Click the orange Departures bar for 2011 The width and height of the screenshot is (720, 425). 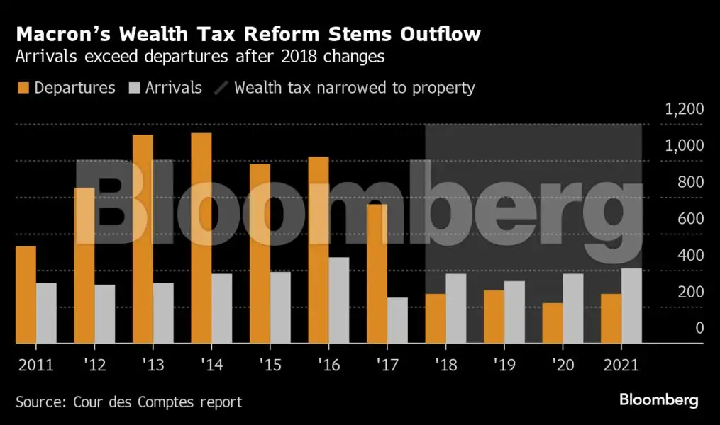tap(26, 295)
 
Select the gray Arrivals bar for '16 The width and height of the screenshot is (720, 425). tap(339, 300)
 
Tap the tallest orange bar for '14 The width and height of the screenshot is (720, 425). tap(201, 238)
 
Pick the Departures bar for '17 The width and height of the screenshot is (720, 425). tap(377, 274)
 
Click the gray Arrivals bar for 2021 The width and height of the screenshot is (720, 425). tap(631, 306)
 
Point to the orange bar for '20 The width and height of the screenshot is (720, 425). tap(553, 323)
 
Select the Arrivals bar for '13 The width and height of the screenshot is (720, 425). tap(163, 313)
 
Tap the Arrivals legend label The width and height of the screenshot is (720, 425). tap(174, 88)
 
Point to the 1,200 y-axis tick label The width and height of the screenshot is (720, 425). tap(684, 109)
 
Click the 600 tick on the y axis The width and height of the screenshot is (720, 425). tap(689, 219)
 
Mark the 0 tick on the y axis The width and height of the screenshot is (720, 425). tap(699, 328)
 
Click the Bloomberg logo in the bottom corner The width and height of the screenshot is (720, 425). tap(658, 400)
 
